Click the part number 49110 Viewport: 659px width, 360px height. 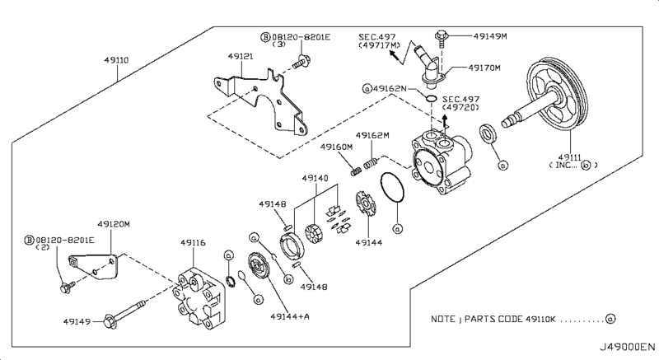(116, 60)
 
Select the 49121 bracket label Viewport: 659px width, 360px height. (241, 56)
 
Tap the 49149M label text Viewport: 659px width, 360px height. (490, 36)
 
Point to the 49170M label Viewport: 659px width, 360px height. (484, 68)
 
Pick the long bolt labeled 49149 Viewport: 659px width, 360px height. (124, 313)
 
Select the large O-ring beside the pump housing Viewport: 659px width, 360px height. (392, 187)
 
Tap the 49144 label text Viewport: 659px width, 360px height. (368, 242)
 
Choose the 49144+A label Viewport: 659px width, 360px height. (290, 316)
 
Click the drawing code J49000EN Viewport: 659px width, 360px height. (627, 347)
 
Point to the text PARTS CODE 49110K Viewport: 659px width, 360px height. (510, 320)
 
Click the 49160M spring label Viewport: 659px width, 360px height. (336, 147)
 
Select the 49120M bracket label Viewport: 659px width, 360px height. (114, 224)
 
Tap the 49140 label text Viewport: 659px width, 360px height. (315, 178)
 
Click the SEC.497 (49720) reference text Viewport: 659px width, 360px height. (460, 103)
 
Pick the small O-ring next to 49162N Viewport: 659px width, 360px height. (431, 98)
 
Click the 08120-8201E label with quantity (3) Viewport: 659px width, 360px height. (296, 40)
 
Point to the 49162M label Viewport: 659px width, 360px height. (372, 135)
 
